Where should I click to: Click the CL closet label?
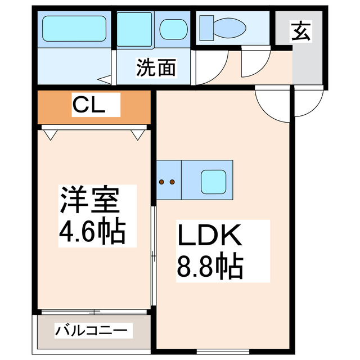click(88, 105)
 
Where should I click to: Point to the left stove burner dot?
click(162, 182)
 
